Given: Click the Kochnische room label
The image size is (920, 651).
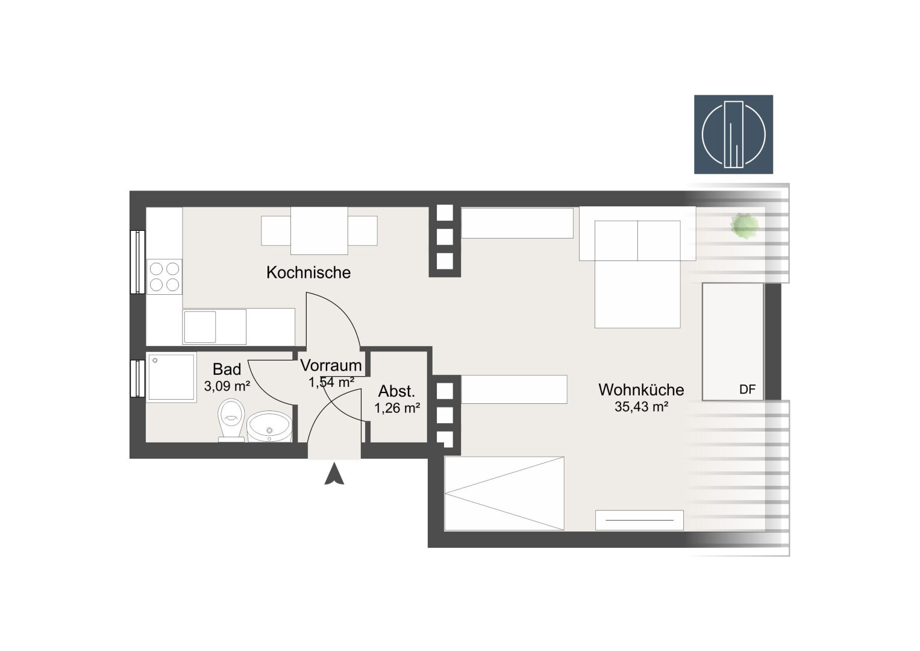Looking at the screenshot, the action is click(308, 272).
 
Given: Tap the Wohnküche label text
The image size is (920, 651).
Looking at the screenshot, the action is click(641, 389).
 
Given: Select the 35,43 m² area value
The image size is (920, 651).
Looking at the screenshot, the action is click(641, 407).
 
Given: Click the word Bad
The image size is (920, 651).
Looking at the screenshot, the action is click(227, 369).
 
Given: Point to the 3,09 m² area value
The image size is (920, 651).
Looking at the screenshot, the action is click(227, 386).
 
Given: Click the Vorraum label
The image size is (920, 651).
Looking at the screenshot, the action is click(331, 365).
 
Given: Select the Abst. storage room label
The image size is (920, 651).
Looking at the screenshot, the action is click(396, 391).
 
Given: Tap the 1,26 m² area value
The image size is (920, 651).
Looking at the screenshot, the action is click(397, 408).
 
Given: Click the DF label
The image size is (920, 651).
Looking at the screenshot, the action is click(747, 389).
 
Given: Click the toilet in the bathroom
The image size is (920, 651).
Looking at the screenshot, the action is click(231, 420).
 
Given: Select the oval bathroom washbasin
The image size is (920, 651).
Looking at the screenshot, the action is click(269, 426).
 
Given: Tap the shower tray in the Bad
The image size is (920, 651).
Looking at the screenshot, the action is click(171, 377).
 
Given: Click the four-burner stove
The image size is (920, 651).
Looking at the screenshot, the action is click(164, 277).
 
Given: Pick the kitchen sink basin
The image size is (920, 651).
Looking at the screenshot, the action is click(199, 327).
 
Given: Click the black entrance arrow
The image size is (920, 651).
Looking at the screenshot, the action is click(334, 474).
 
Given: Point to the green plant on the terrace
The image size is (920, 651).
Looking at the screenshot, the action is click(744, 225).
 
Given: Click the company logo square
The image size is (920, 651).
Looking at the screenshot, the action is click(733, 134).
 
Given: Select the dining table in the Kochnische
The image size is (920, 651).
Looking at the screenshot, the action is click(319, 230).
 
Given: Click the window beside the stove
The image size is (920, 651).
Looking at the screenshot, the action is click(137, 262).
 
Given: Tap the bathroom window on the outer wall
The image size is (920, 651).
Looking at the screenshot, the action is click(137, 379).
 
